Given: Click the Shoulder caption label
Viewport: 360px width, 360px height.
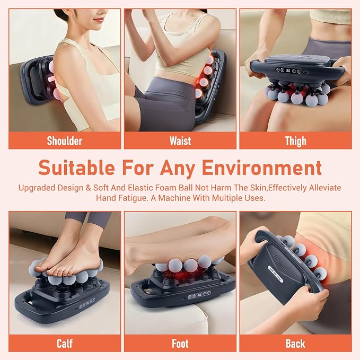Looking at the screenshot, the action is click(65, 141).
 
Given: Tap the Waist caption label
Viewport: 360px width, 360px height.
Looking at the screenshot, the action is click(180, 141).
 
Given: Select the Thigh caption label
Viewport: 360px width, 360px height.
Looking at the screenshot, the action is click(296, 141).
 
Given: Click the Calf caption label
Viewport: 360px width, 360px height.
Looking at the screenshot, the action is click(65, 344).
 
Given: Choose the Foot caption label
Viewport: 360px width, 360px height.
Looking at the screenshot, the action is click(180, 344).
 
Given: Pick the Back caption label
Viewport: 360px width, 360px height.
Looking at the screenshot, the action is click(295, 344).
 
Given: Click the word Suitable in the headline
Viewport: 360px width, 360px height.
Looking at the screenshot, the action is click(76, 168).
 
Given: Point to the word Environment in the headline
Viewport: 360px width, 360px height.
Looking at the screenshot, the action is click(262, 168).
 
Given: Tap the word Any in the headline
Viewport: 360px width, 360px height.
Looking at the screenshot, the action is click(178, 169).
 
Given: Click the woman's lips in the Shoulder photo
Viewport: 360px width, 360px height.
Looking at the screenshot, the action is click(99, 20).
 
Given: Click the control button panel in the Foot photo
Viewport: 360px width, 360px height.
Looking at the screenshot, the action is click(199, 295).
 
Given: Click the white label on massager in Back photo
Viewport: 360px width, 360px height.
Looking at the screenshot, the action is click(275, 274).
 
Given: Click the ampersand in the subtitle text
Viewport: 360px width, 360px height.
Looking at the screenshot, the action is click(88, 188).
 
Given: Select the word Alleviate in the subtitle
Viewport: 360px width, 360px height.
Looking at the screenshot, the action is click(325, 188).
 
